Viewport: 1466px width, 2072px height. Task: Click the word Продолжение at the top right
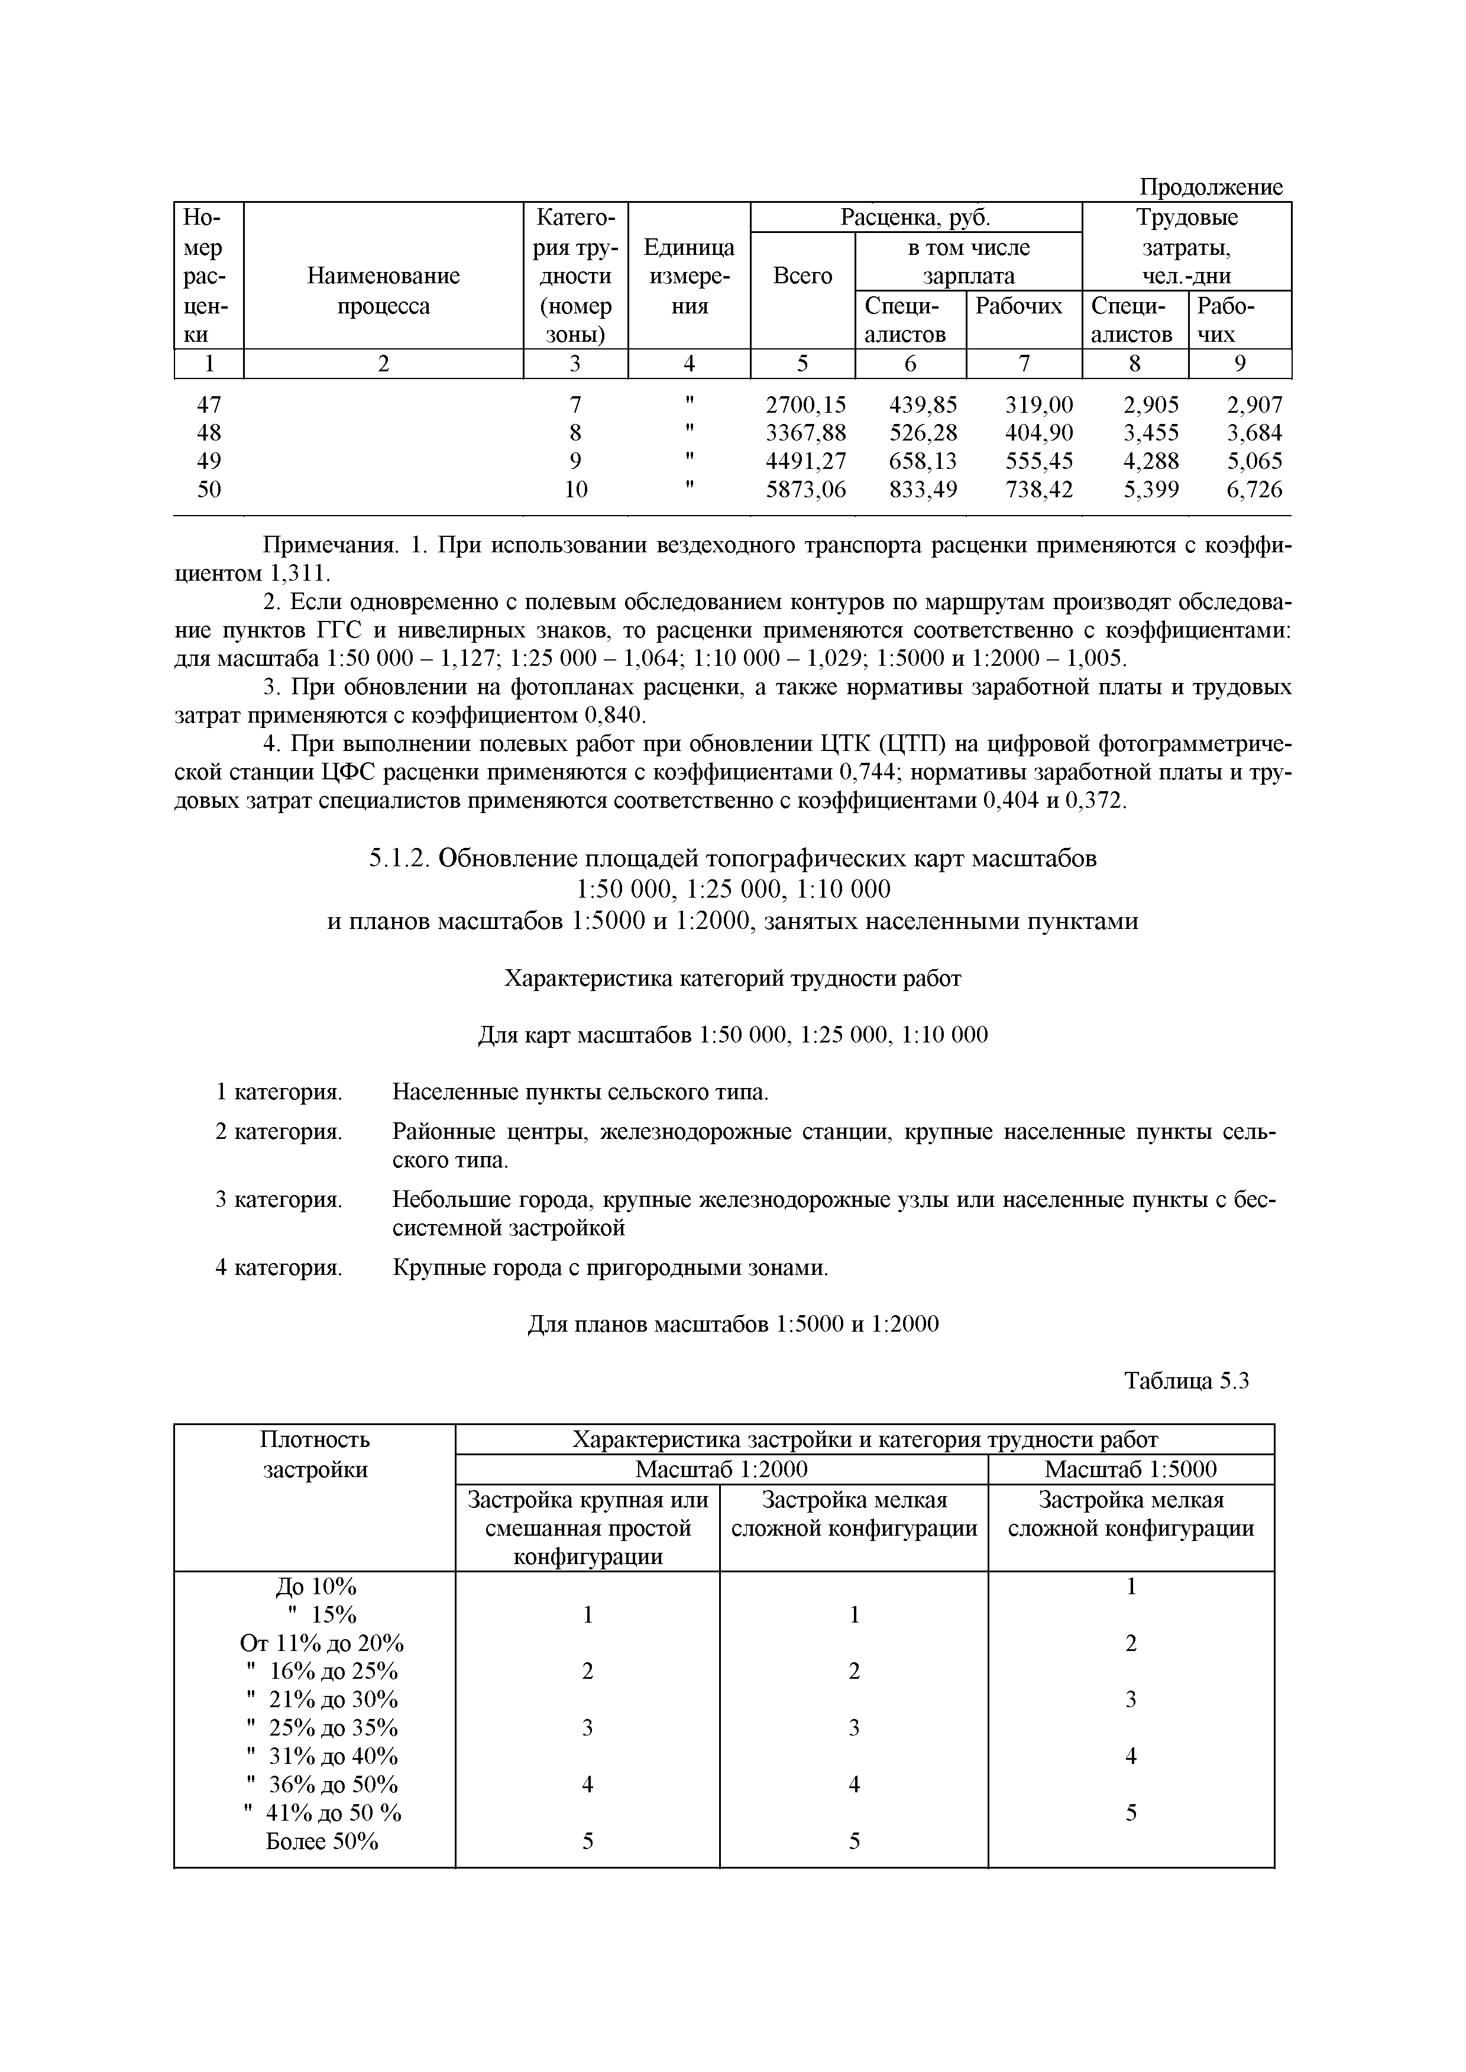(x=1209, y=187)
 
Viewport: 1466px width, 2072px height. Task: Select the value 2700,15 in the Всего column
(x=805, y=404)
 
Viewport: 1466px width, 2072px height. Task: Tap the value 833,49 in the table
(x=923, y=490)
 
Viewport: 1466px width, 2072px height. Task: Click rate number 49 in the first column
(x=209, y=461)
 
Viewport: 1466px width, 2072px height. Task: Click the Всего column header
(x=802, y=276)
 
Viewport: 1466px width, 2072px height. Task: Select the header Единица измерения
(x=689, y=276)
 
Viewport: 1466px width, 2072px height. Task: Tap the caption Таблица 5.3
(x=1185, y=1382)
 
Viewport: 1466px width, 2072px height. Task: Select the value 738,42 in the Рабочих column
(x=1039, y=490)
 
